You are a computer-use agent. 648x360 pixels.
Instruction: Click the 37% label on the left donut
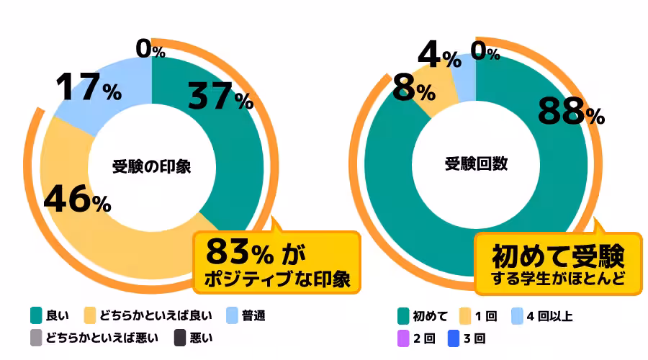click(220, 97)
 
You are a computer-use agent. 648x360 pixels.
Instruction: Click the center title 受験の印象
click(152, 165)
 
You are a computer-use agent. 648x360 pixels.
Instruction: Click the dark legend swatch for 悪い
click(180, 337)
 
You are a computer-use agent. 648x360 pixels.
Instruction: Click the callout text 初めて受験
click(557, 256)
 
